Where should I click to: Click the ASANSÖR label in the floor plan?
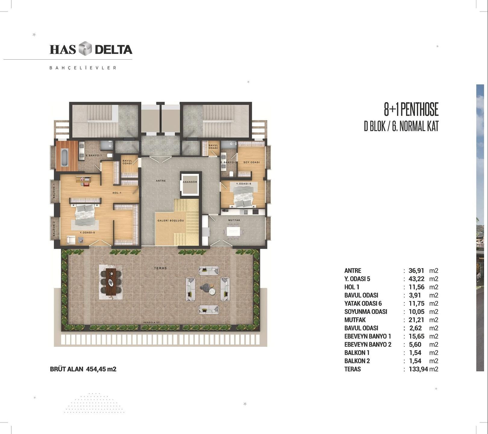pyautogui.click(x=190, y=182)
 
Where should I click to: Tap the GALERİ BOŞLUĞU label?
pyautogui.click(x=170, y=220)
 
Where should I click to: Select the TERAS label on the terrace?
pyautogui.click(x=160, y=268)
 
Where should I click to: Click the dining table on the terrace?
pyautogui.click(x=111, y=282)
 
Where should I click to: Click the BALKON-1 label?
pyautogui.click(x=54, y=191)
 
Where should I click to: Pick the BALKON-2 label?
pyautogui.click(x=54, y=229)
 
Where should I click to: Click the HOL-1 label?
pyautogui.click(x=117, y=193)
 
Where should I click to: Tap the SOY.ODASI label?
pyautogui.click(x=252, y=162)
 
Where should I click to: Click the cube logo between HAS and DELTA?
pyautogui.click(x=85, y=48)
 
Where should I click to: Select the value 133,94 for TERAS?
pyautogui.click(x=418, y=369)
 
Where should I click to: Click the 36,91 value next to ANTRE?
pyautogui.click(x=416, y=271)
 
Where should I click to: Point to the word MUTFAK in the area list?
pyautogui.click(x=355, y=320)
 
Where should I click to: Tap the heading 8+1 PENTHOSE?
pyautogui.click(x=411, y=109)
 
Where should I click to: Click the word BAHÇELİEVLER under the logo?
pyautogui.click(x=83, y=68)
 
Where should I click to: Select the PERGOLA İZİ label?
pyautogui.click(x=152, y=322)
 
